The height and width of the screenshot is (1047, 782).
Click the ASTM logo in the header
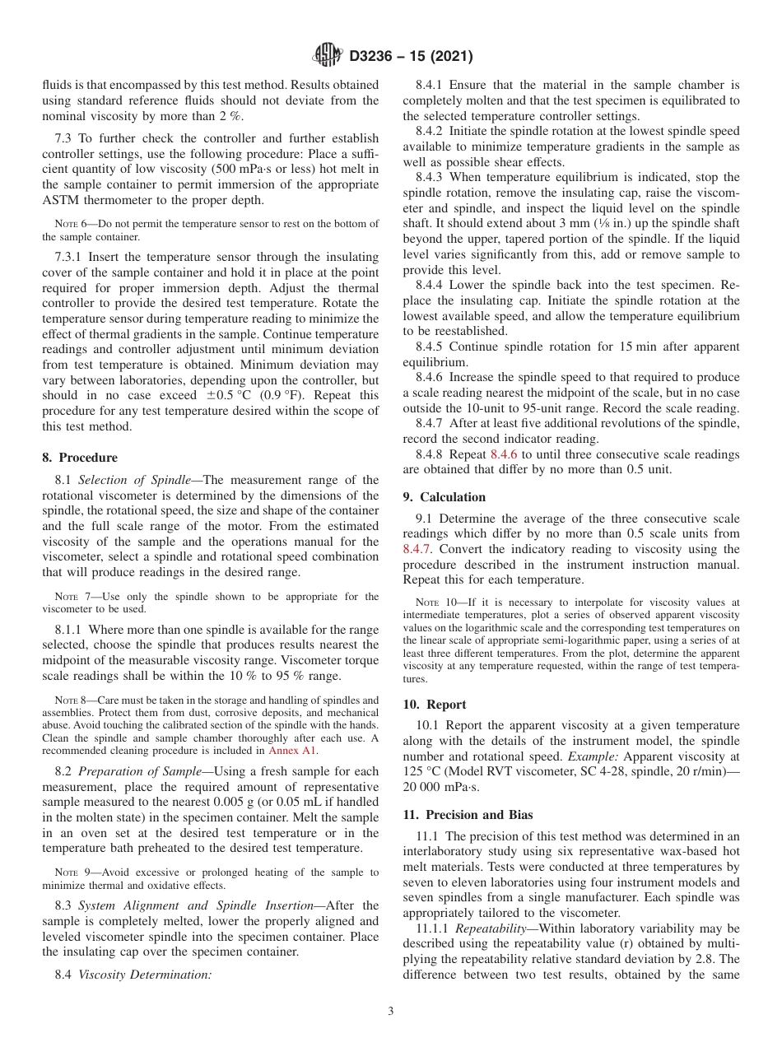(x=329, y=57)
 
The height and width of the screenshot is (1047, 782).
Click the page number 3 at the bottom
(x=391, y=1012)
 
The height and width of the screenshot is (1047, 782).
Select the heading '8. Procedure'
(x=80, y=458)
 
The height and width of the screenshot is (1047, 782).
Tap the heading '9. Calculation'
(x=444, y=497)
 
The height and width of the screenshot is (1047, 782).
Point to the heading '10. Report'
(x=435, y=705)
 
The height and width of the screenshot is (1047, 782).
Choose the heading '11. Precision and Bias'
(x=468, y=815)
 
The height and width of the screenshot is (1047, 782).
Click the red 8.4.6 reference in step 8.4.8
(x=506, y=454)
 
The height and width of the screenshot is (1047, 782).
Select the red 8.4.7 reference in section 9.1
(x=417, y=549)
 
